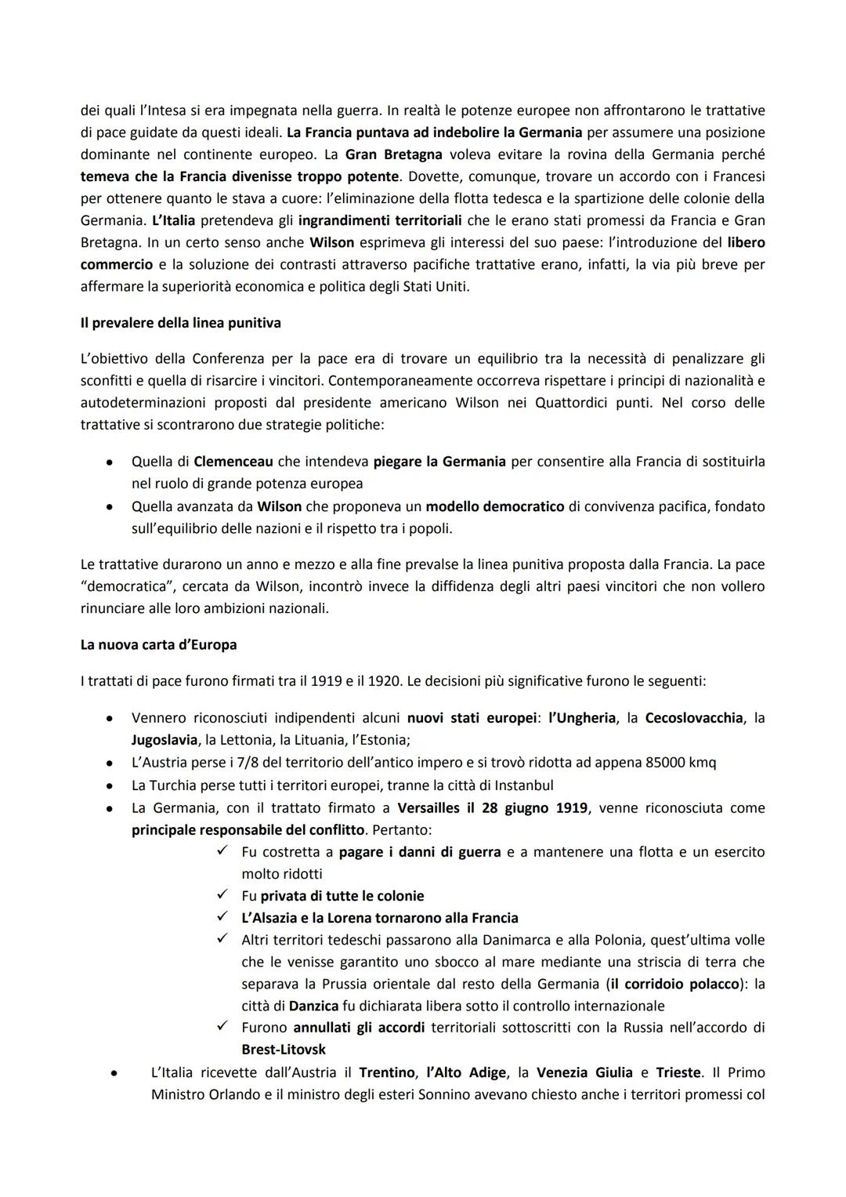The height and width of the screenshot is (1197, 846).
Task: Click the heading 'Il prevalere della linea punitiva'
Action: point(180,322)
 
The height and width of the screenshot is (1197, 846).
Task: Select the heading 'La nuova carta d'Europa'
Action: point(158,644)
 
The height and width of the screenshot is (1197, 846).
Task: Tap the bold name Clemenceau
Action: point(233,462)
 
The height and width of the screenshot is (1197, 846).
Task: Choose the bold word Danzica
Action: point(313,1006)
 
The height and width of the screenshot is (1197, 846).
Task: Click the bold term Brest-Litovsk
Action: point(284,1049)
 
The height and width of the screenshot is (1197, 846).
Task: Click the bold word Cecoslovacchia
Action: point(693,717)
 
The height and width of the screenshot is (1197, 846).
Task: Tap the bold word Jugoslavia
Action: point(164,739)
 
